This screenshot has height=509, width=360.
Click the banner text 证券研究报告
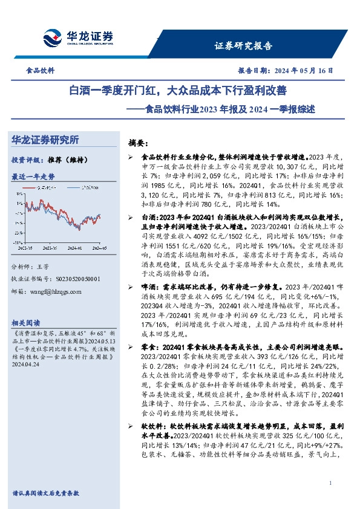(243, 46)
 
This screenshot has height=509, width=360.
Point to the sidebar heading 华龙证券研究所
(45, 140)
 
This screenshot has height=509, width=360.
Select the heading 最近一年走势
(33, 177)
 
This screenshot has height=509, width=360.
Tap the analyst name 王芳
(42, 267)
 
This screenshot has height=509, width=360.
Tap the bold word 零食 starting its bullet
(147, 348)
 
